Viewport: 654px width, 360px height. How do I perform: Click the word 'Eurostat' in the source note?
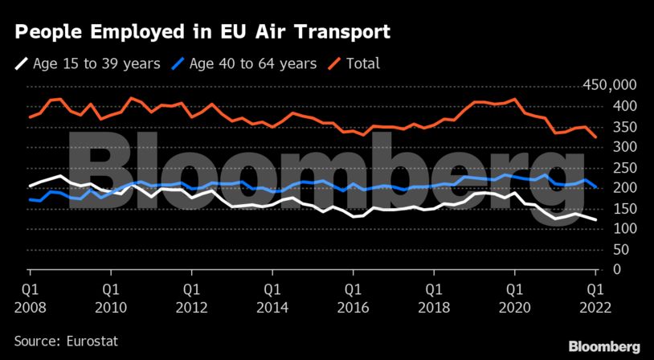click(92, 342)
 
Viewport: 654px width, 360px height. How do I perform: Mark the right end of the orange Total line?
click(595, 137)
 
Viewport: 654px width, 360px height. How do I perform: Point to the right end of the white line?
click(595, 219)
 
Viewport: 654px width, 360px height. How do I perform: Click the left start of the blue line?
click(30, 199)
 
